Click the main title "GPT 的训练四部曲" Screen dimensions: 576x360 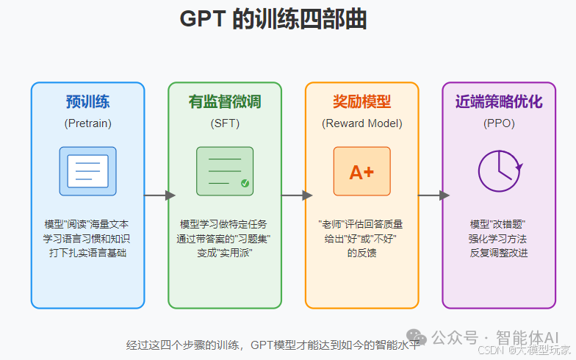click(273, 20)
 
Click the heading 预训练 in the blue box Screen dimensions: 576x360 click(87, 101)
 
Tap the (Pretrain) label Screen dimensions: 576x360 click(87, 123)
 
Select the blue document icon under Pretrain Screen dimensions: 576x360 click(87, 170)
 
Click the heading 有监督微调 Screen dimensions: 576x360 click(225, 101)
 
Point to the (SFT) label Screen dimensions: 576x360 click(225, 123)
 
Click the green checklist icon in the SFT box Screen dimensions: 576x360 click(225, 170)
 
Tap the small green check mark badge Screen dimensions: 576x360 click(245, 184)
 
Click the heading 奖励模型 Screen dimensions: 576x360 click(361, 101)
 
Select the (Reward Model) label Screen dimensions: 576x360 click(361, 123)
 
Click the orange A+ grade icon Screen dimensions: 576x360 click(361, 171)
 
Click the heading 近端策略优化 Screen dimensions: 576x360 click(499, 101)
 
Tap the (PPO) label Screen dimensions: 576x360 click(499, 123)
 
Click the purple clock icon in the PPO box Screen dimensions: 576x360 click(499, 171)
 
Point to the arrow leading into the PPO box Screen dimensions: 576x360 click(433, 195)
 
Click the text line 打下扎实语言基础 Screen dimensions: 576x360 click(87, 253)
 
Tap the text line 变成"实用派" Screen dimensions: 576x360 click(225, 253)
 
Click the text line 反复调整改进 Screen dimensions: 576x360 click(499, 253)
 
